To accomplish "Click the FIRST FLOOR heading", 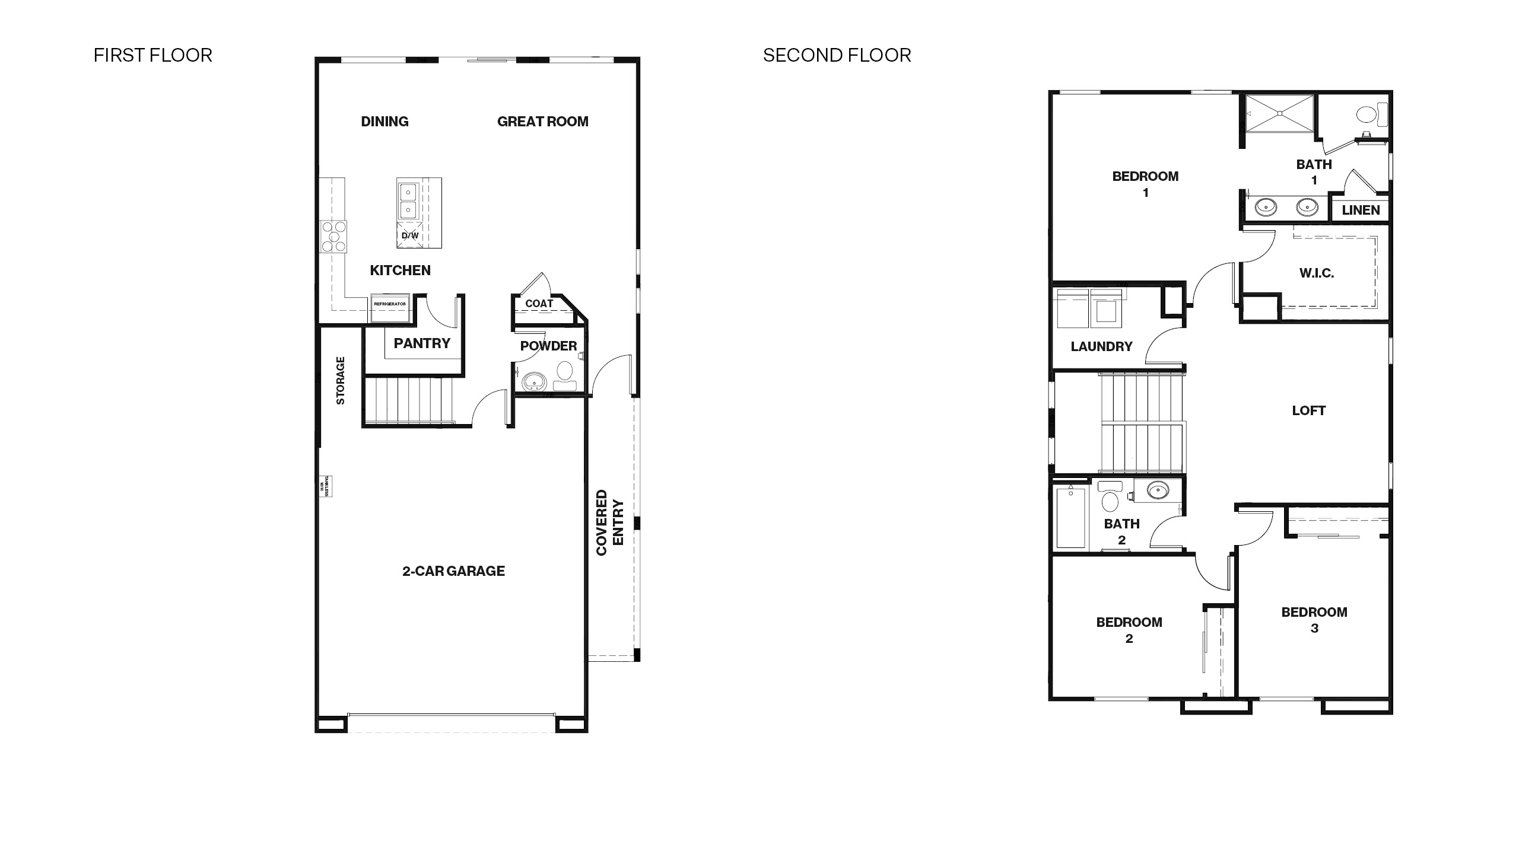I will [x=152, y=55].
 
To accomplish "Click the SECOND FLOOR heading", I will [x=837, y=55].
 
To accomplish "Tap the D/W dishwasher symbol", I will [x=410, y=235].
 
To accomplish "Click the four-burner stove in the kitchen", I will [x=333, y=236].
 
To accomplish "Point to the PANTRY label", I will [x=422, y=343].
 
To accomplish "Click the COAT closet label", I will [x=539, y=304].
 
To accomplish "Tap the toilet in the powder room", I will [x=565, y=373].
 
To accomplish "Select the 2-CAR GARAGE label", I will [x=453, y=571].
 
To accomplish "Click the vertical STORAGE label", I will [x=341, y=380].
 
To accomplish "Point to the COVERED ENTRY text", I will [x=610, y=522].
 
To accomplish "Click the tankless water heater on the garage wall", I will [x=325, y=486].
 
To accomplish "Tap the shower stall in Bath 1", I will [x=1279, y=113].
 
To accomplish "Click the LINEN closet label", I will [x=1361, y=210].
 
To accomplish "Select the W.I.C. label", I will [x=1316, y=273].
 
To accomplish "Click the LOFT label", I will [x=1308, y=410].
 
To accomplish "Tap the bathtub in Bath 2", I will [x=1071, y=517].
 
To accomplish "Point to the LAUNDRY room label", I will [x=1101, y=346].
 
